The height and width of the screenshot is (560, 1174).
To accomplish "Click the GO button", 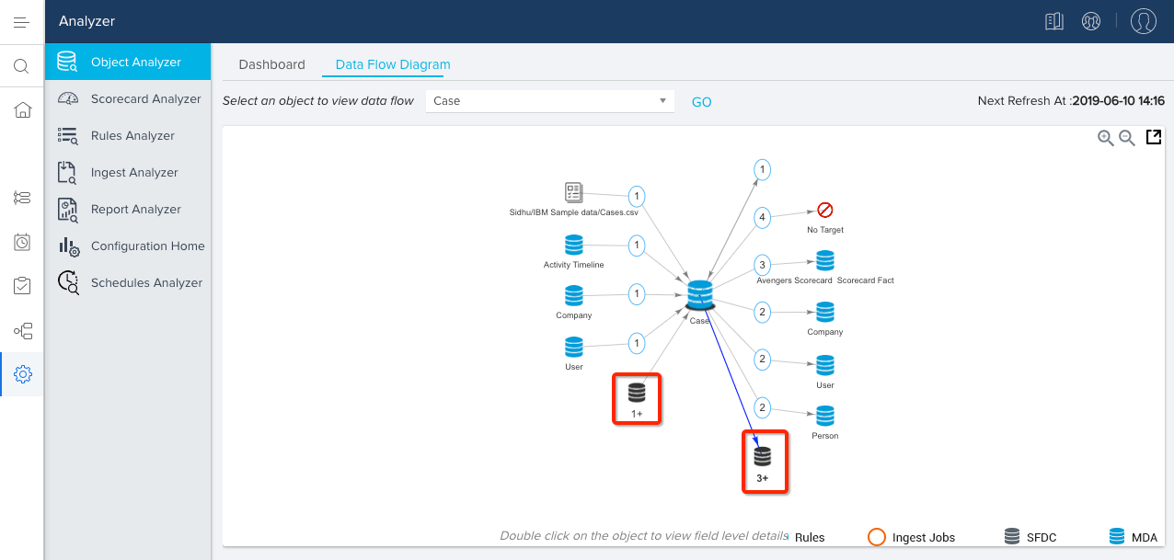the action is point(701,102).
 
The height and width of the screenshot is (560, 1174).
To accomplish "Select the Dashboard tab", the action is point(271,64).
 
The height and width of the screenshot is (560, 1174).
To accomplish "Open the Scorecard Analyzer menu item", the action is point(145,99).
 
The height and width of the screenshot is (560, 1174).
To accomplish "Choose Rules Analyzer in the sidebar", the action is point(132,136).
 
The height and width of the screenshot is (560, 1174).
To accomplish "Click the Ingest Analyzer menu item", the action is point(134,173).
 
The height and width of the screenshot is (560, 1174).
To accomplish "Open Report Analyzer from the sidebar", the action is point(136,210).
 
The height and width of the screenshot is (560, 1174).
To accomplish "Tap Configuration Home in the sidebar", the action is point(147,246).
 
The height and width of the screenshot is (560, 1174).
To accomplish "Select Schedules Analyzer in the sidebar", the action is point(146,283).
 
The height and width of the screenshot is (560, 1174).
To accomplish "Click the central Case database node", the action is point(700,295).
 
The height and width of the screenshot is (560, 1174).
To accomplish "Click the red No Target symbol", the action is point(825,211).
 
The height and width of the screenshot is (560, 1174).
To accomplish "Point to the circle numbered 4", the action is point(762,218).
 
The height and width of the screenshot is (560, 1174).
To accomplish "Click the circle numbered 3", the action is point(762,265).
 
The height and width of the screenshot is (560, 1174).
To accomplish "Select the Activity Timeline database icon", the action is point(574,246).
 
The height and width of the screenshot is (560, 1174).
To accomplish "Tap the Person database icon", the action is point(825,416).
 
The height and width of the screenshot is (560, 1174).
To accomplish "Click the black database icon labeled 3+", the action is point(763,456).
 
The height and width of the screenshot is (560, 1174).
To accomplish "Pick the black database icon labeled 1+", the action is point(637,393).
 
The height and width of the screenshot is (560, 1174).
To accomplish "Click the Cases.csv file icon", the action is point(574,192).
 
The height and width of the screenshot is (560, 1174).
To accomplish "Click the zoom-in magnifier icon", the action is point(1106,138).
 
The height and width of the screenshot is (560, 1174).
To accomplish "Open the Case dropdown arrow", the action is point(663,101).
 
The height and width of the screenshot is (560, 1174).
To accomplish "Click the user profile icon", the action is point(1143,21).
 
